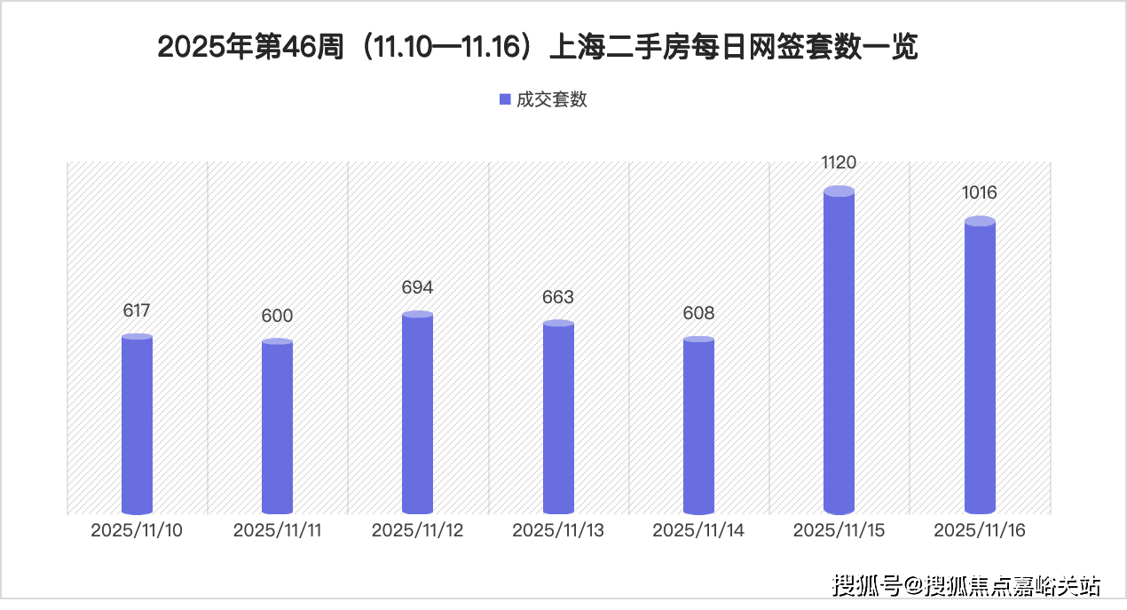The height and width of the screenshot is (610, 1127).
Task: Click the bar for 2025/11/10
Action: (137, 425)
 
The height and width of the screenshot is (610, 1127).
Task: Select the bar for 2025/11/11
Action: (277, 426)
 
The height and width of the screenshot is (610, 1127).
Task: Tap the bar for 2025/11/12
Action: (417, 413)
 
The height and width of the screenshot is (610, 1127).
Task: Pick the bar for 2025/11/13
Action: (558, 418)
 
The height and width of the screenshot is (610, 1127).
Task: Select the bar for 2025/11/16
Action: (980, 367)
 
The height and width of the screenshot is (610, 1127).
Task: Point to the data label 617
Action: (137, 311)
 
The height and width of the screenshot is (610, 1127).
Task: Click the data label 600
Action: (277, 317)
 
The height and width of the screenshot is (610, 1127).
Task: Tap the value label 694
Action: (417, 288)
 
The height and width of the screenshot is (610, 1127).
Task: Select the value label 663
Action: (558, 297)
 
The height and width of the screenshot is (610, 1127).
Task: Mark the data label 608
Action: (698, 314)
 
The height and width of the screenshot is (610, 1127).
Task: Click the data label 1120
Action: (839, 162)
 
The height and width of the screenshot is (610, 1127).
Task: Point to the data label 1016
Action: (980, 193)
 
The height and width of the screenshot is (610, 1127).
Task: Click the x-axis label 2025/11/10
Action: (137, 531)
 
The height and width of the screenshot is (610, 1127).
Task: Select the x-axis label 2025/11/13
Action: (558, 531)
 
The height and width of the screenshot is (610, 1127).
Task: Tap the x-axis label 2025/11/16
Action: (980, 530)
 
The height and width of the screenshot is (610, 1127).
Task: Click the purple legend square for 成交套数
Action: (505, 100)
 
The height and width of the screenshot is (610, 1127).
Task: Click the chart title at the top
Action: (537, 48)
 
